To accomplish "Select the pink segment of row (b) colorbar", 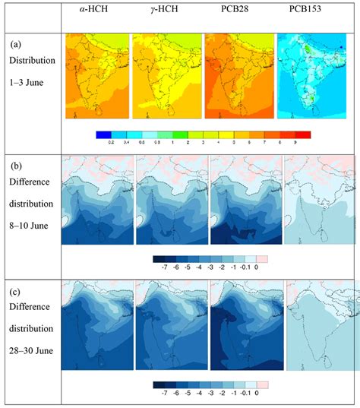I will click(x=263, y=258).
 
